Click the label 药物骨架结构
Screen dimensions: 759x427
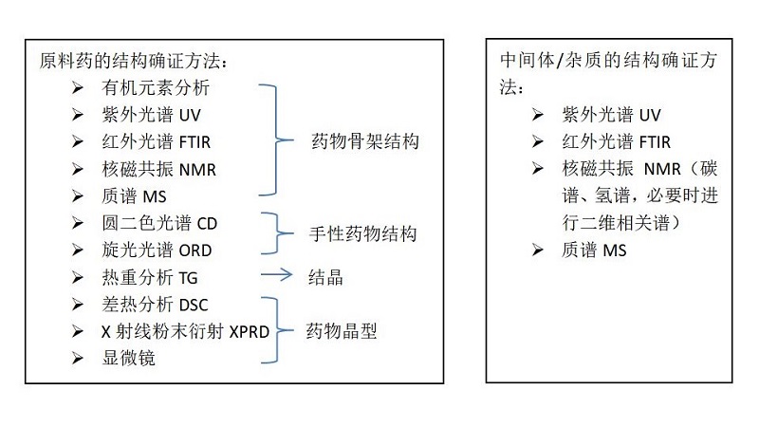(x=365, y=141)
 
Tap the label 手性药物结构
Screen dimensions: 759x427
(x=362, y=233)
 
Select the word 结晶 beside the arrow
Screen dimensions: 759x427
(x=325, y=277)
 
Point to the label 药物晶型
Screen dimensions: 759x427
(x=342, y=331)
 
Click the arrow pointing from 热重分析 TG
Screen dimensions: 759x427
(x=276, y=275)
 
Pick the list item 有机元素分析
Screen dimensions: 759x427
(x=156, y=87)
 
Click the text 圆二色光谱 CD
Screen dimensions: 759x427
(x=159, y=223)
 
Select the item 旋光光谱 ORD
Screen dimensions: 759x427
(x=157, y=251)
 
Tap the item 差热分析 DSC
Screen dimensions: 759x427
(x=155, y=305)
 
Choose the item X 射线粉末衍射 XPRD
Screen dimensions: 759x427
(x=185, y=331)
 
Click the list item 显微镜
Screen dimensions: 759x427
(x=128, y=359)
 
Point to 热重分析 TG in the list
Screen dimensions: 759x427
(x=150, y=277)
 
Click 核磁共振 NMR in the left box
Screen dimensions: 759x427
(x=158, y=169)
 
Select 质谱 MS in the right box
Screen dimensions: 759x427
(x=594, y=250)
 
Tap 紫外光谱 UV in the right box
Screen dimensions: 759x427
(x=611, y=115)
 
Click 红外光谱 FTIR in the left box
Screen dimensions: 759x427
(x=157, y=141)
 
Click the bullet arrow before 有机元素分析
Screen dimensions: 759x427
(x=78, y=87)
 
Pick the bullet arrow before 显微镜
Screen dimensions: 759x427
(x=78, y=359)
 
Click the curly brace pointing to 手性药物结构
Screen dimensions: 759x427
(x=278, y=233)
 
